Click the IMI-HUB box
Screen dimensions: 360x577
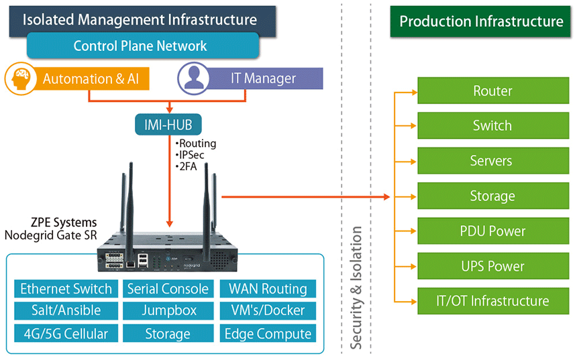coord(168,124)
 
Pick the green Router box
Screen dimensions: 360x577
coord(492,91)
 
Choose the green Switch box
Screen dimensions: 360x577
coord(492,126)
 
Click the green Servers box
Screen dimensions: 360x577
coord(492,161)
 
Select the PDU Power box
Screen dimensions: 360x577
coord(492,231)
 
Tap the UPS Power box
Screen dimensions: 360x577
coord(492,266)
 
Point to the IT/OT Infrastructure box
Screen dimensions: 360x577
coord(492,301)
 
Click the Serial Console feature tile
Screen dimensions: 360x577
coord(167,289)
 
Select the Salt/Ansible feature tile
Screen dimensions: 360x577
coord(66,310)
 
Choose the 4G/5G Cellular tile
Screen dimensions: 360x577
coord(66,333)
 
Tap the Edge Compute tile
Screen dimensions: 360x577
coord(268,333)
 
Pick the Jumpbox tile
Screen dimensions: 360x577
coord(167,310)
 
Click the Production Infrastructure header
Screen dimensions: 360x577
coord(481,21)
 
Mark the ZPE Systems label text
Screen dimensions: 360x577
coord(63,223)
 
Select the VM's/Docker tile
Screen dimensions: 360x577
coord(268,310)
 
